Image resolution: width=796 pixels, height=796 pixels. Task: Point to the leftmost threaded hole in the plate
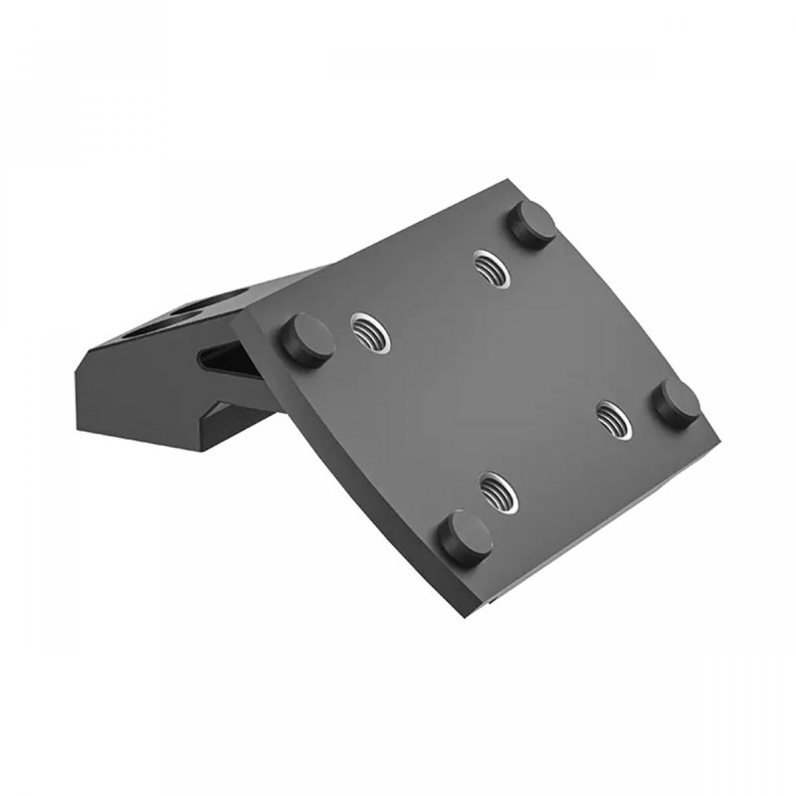368,328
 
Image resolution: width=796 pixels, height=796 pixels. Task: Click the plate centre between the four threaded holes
488,378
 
